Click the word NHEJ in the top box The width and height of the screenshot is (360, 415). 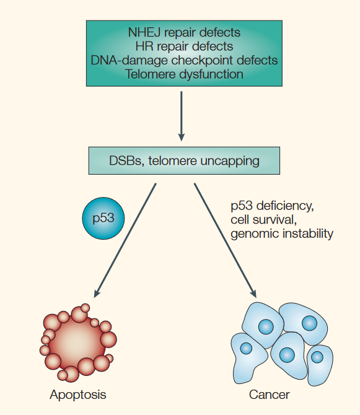(x=144, y=33)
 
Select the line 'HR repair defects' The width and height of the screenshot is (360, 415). (x=184, y=46)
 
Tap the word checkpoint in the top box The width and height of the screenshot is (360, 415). (x=203, y=61)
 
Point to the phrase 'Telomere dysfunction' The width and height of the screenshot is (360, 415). (x=184, y=74)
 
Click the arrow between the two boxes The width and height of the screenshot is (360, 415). (x=182, y=116)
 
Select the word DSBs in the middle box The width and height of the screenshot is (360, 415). (x=125, y=161)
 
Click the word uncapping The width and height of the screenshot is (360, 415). (x=230, y=161)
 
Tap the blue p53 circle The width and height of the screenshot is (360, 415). (x=103, y=219)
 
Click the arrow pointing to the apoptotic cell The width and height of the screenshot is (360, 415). (x=125, y=240)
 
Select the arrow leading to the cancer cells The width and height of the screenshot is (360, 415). (x=226, y=240)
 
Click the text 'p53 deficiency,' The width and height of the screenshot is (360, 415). (x=273, y=206)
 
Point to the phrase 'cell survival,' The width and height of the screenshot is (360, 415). (x=263, y=220)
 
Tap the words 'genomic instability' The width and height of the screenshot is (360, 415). (x=282, y=234)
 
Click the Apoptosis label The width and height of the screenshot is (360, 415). (x=78, y=395)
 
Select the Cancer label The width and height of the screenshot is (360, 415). (x=269, y=395)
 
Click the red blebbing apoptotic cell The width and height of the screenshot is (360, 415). (x=78, y=343)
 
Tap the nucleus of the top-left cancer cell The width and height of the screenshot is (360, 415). (x=266, y=326)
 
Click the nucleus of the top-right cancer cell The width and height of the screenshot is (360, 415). (x=309, y=323)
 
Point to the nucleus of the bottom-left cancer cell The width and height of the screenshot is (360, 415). (x=246, y=348)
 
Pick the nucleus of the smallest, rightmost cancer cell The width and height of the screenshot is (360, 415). (x=317, y=357)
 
